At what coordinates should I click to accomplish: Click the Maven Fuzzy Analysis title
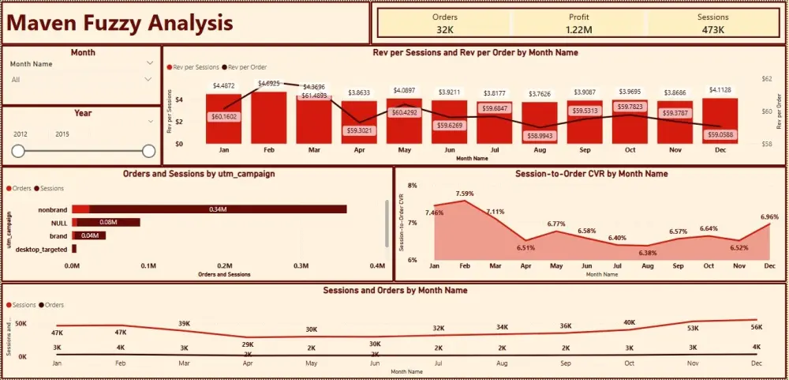pos(121,23)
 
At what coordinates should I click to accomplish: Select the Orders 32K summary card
pos(445,24)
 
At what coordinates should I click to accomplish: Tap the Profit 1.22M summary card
pos(579,24)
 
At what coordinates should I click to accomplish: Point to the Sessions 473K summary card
pos(713,24)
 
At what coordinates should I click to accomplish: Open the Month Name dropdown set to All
pos(82,79)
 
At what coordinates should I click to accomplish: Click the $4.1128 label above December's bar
pos(722,89)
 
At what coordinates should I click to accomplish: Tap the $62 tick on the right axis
pos(768,79)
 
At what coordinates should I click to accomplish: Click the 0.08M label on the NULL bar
pos(108,223)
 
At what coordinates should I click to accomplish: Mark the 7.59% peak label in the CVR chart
pos(465,194)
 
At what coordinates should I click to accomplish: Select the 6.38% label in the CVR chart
pos(648,253)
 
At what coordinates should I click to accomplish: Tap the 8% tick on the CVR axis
pos(411,186)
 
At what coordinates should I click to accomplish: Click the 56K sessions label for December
pos(757,328)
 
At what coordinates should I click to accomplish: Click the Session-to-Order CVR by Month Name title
pos(591,174)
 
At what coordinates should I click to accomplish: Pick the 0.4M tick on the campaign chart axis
pos(377,266)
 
